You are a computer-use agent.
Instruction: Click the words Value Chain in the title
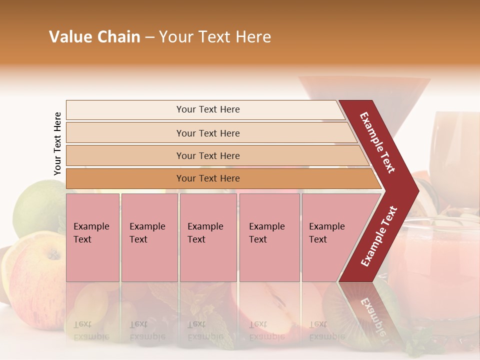coord(94,37)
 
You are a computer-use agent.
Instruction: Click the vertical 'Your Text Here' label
coord(57,143)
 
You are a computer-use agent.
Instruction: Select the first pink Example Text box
coord(92,237)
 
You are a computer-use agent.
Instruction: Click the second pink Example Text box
coord(149,237)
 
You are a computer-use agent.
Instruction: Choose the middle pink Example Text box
coord(208,237)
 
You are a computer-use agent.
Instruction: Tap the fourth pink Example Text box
coord(269,237)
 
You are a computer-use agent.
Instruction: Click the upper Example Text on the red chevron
coord(377,142)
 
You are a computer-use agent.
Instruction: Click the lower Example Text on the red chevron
coord(379,236)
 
